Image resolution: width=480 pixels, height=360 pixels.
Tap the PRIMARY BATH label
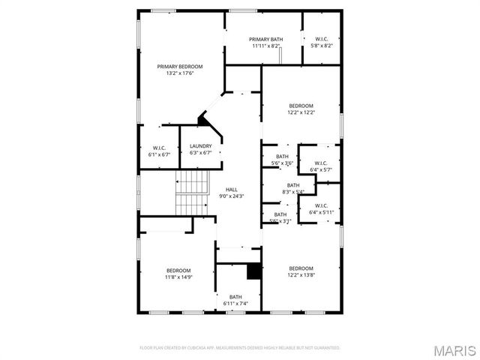[x=265, y=38]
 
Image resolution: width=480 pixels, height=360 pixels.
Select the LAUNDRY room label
[x=200, y=145]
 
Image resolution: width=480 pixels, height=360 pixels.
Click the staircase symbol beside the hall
[x=191, y=191]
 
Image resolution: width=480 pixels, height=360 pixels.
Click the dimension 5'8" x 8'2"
[x=321, y=46]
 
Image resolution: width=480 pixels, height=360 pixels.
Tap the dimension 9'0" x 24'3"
[x=232, y=196]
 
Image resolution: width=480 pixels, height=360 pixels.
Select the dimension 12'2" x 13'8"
[x=301, y=275]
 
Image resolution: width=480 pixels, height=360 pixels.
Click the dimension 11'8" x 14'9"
[x=178, y=277]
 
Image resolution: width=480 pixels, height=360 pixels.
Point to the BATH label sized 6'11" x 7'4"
[x=236, y=296]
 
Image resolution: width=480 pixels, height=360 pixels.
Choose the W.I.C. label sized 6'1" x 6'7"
[x=159, y=147]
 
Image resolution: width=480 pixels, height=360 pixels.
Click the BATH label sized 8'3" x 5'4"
[x=293, y=184]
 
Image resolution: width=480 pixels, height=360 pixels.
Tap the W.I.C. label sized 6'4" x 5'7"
[x=321, y=163]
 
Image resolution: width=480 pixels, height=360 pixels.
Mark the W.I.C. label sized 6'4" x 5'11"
[x=321, y=205]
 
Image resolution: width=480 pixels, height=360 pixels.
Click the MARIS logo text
[x=454, y=349]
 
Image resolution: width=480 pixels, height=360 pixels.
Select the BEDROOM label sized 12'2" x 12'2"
[x=301, y=106]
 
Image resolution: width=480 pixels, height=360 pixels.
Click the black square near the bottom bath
[x=253, y=271]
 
